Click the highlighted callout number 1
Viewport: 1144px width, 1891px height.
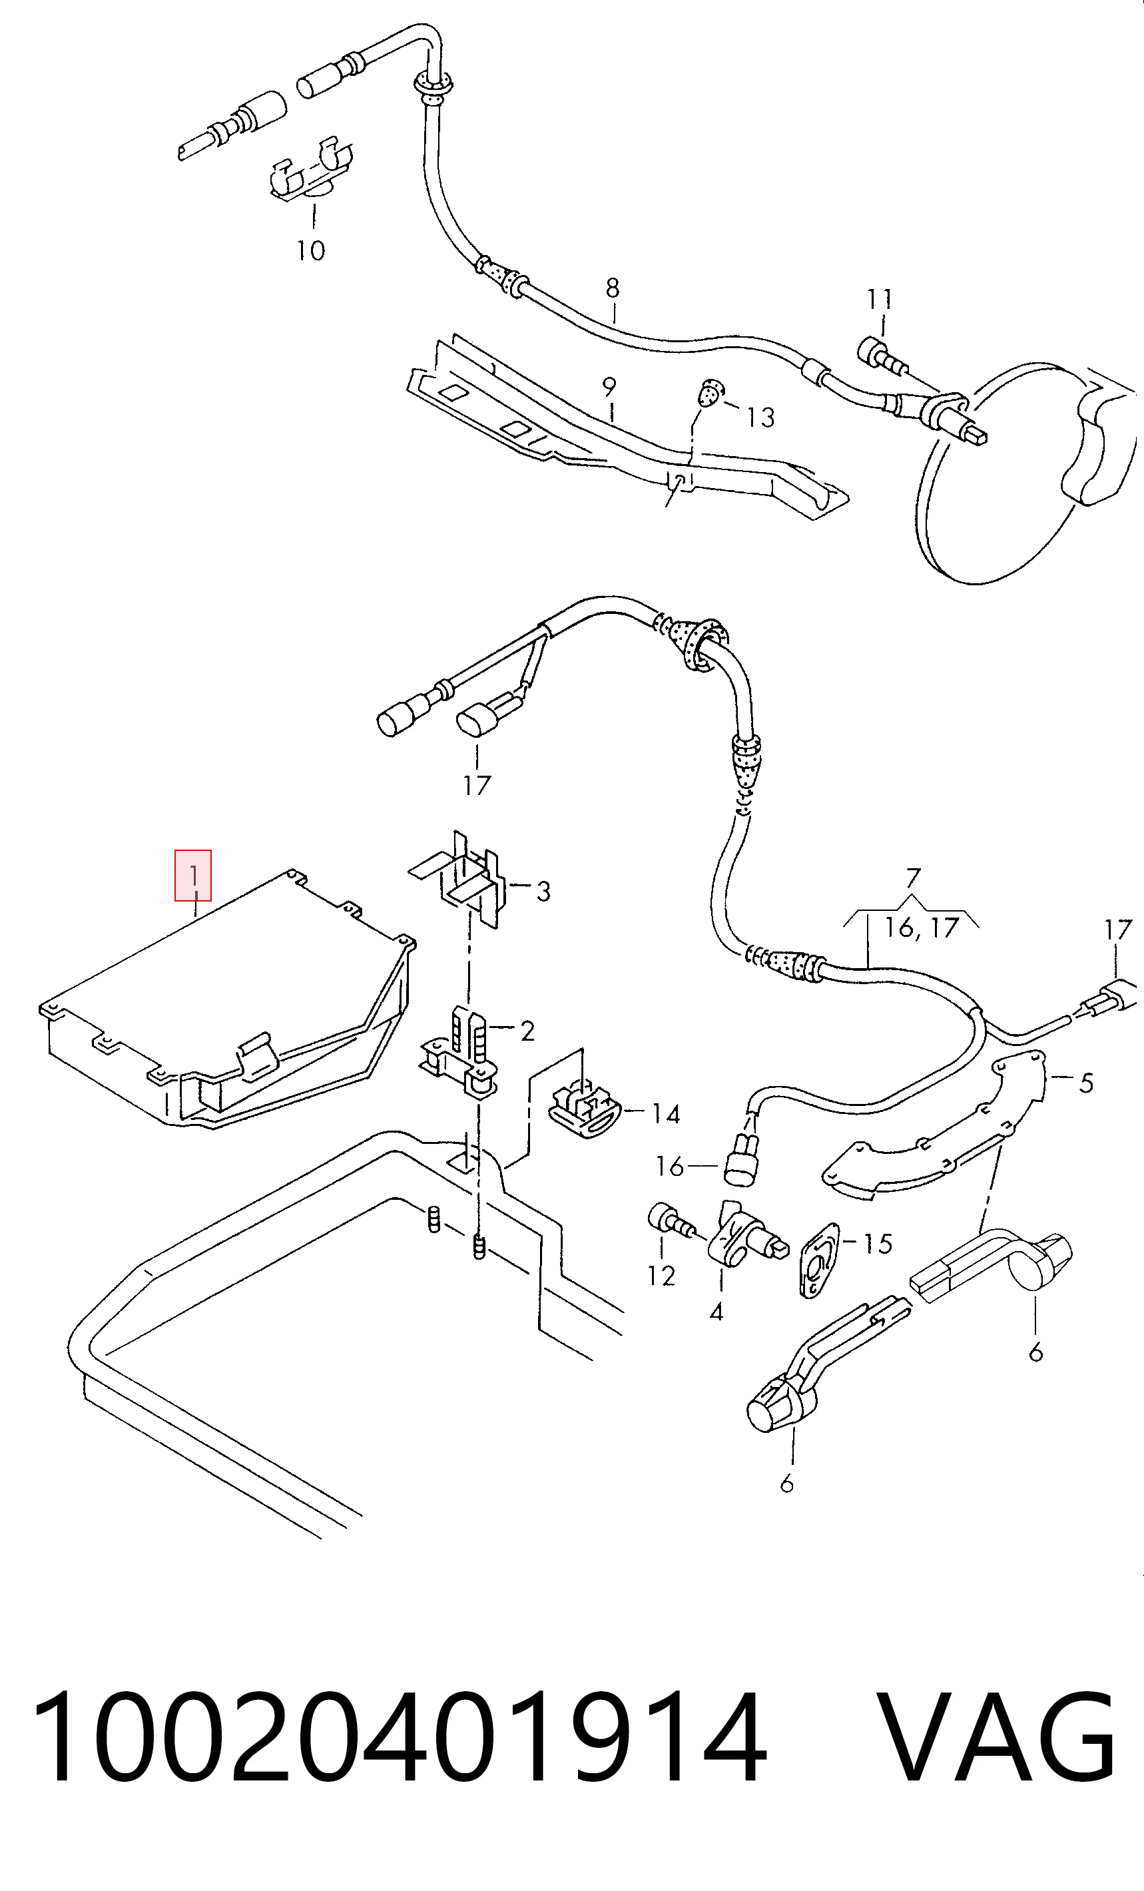pyautogui.click(x=193, y=875)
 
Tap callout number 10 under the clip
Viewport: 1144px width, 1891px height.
pyautogui.click(x=311, y=250)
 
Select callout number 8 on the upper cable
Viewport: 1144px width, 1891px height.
pyautogui.click(x=612, y=288)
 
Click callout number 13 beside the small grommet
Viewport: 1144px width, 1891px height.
pyautogui.click(x=760, y=417)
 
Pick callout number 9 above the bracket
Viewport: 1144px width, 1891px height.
pyautogui.click(x=609, y=387)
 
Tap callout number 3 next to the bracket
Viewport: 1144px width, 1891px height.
pyautogui.click(x=543, y=891)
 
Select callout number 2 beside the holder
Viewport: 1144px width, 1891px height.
pyautogui.click(x=527, y=1031)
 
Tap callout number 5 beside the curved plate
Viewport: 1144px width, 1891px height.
pyautogui.click(x=1085, y=1083)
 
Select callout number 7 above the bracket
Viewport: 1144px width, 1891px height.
pyautogui.click(x=913, y=878)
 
